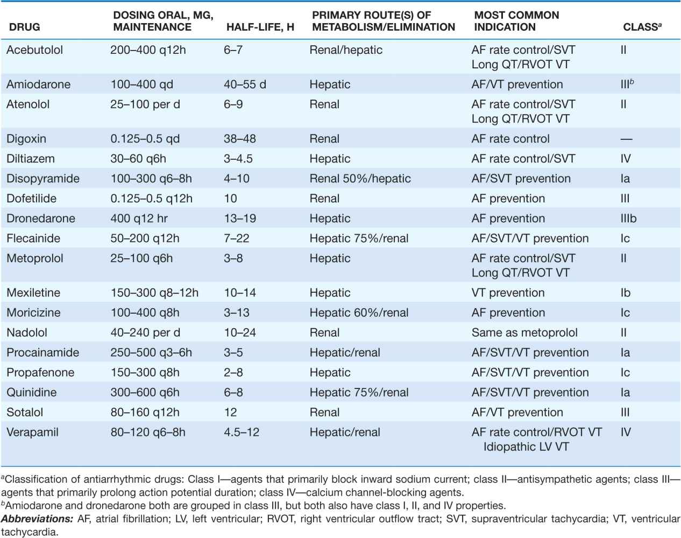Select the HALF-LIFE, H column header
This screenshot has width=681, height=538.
[259, 27]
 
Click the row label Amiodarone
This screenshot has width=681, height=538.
[38, 84]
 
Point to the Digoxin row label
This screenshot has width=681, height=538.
[26, 139]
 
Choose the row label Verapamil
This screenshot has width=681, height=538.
[32, 432]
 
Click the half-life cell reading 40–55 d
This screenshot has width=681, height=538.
[245, 84]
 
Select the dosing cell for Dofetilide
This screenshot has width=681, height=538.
[151, 199]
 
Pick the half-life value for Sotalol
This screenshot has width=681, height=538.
[230, 412]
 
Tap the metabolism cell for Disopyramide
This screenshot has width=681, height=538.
[360, 179]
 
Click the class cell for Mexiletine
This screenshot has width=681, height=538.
[625, 293]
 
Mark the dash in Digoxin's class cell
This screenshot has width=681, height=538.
[626, 139]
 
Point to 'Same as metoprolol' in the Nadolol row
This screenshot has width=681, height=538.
[524, 332]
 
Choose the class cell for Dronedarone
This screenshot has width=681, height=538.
[628, 218]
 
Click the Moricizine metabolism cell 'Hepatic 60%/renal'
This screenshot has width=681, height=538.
[359, 313]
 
